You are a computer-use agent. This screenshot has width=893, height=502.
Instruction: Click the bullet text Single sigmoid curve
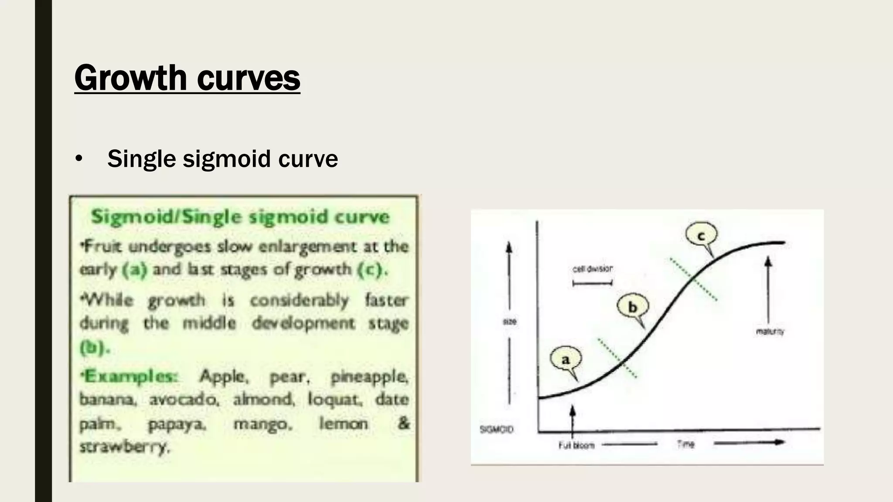pyautogui.click(x=222, y=158)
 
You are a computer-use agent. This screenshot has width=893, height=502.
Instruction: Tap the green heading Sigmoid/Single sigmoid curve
pyautogui.click(x=240, y=217)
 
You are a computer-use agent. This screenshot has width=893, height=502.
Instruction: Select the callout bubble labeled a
pyautogui.click(x=566, y=360)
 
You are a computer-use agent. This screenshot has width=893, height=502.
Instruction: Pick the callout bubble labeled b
pyautogui.click(x=632, y=307)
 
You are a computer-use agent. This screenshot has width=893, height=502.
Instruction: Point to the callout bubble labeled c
pyautogui.click(x=701, y=236)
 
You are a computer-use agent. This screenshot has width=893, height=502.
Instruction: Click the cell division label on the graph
pyautogui.click(x=592, y=269)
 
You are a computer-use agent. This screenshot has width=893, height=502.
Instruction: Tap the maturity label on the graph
pyautogui.click(x=770, y=332)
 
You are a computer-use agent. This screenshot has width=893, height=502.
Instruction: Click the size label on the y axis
pyautogui.click(x=509, y=322)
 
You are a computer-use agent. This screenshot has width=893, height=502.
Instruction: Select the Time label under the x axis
pyautogui.click(x=685, y=444)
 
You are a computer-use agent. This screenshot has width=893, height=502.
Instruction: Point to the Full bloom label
pyautogui.click(x=576, y=445)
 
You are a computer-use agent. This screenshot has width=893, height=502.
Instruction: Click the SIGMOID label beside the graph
pyautogui.click(x=496, y=430)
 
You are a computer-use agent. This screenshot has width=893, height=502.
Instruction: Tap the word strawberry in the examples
pyautogui.click(x=124, y=447)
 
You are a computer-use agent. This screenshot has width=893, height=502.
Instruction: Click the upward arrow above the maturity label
pyautogui.click(x=768, y=288)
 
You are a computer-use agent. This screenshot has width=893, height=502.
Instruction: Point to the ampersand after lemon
pyautogui.click(x=404, y=423)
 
